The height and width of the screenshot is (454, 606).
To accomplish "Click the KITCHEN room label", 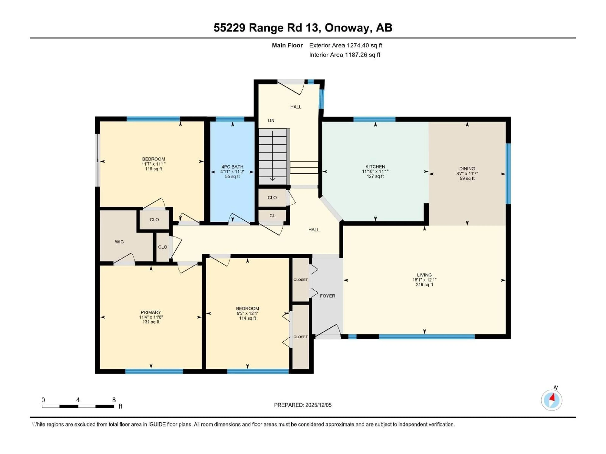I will pyautogui.click(x=375, y=166).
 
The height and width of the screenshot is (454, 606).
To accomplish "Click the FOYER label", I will pyautogui.click(x=327, y=296).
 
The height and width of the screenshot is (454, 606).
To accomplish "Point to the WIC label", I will pyautogui.click(x=119, y=242).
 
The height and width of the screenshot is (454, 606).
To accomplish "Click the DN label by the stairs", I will pyautogui.click(x=271, y=120).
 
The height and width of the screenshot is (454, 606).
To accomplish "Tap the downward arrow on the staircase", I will pyautogui.click(x=272, y=156).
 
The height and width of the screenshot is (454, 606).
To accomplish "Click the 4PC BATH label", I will pyautogui.click(x=232, y=167).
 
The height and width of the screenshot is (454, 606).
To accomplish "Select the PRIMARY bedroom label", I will pyautogui.click(x=151, y=312).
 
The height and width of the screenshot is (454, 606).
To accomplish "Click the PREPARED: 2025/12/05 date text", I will pyautogui.click(x=303, y=405).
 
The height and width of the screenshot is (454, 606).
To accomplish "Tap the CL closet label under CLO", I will pyautogui.click(x=272, y=216).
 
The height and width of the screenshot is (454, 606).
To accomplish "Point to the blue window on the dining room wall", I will pyautogui.click(x=508, y=174).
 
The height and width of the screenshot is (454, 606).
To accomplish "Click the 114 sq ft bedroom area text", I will pyautogui.click(x=247, y=318).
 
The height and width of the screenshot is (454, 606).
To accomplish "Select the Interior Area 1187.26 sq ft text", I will pyautogui.click(x=345, y=55).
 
